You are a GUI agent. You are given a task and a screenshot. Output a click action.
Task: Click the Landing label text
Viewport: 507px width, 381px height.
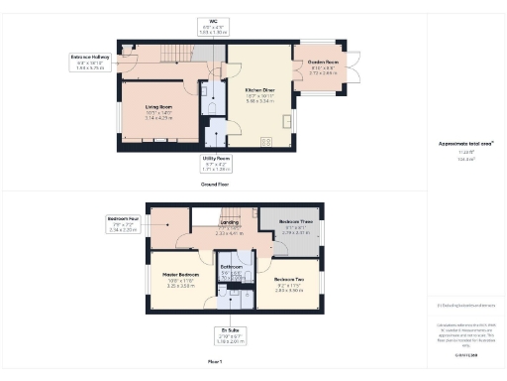point(230,223)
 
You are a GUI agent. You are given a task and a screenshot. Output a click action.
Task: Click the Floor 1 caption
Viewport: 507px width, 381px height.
point(215,363)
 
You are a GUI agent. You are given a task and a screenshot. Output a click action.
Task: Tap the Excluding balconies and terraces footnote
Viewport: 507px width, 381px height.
point(465,306)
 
